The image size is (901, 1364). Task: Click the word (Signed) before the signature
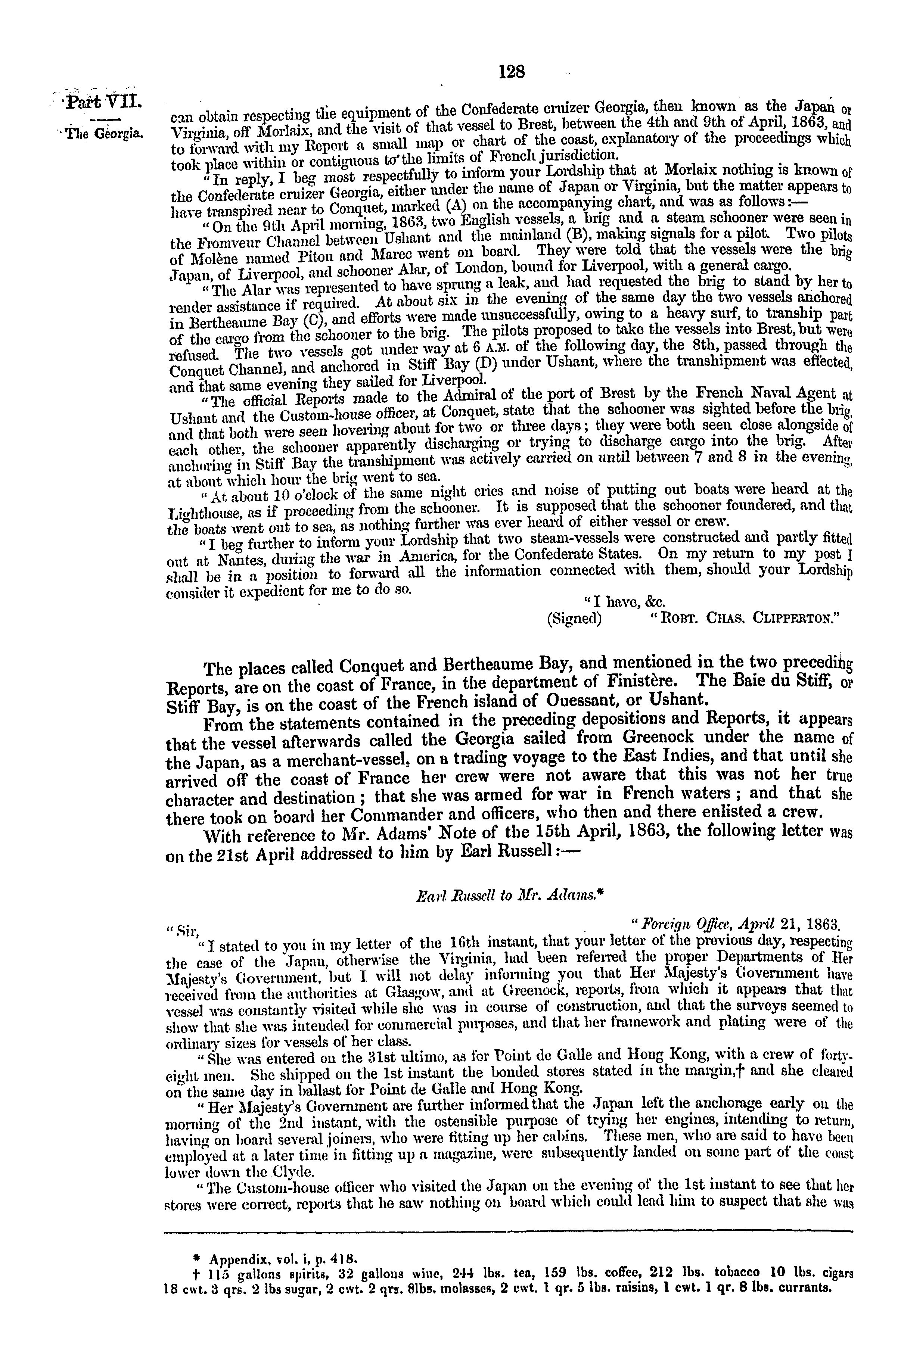574,619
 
